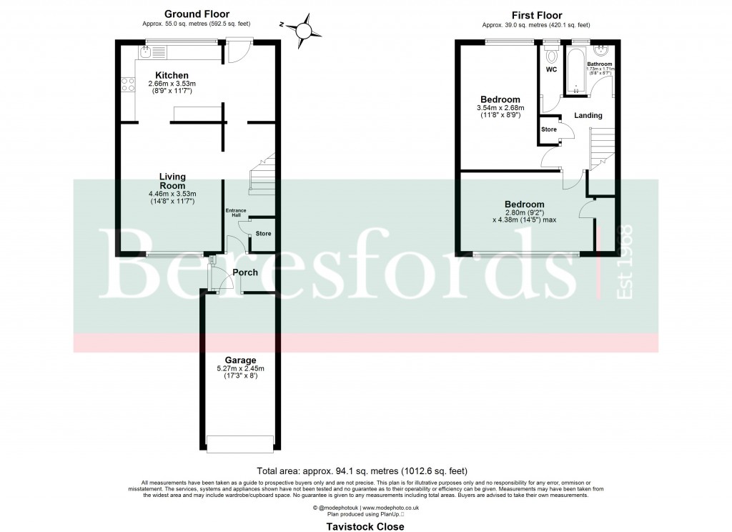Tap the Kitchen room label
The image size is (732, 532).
point(172,75)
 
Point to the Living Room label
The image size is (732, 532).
point(172,181)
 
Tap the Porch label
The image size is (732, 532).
point(245,272)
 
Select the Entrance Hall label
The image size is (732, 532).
point(236,212)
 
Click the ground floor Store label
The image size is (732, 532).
point(263,234)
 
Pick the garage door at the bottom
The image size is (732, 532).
point(239,443)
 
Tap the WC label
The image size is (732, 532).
point(551,70)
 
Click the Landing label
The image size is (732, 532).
point(588,115)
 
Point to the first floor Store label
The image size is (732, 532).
point(548,129)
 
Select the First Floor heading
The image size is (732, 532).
point(537,15)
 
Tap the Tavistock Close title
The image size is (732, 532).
point(365,526)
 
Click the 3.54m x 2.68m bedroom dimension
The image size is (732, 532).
point(499,107)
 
